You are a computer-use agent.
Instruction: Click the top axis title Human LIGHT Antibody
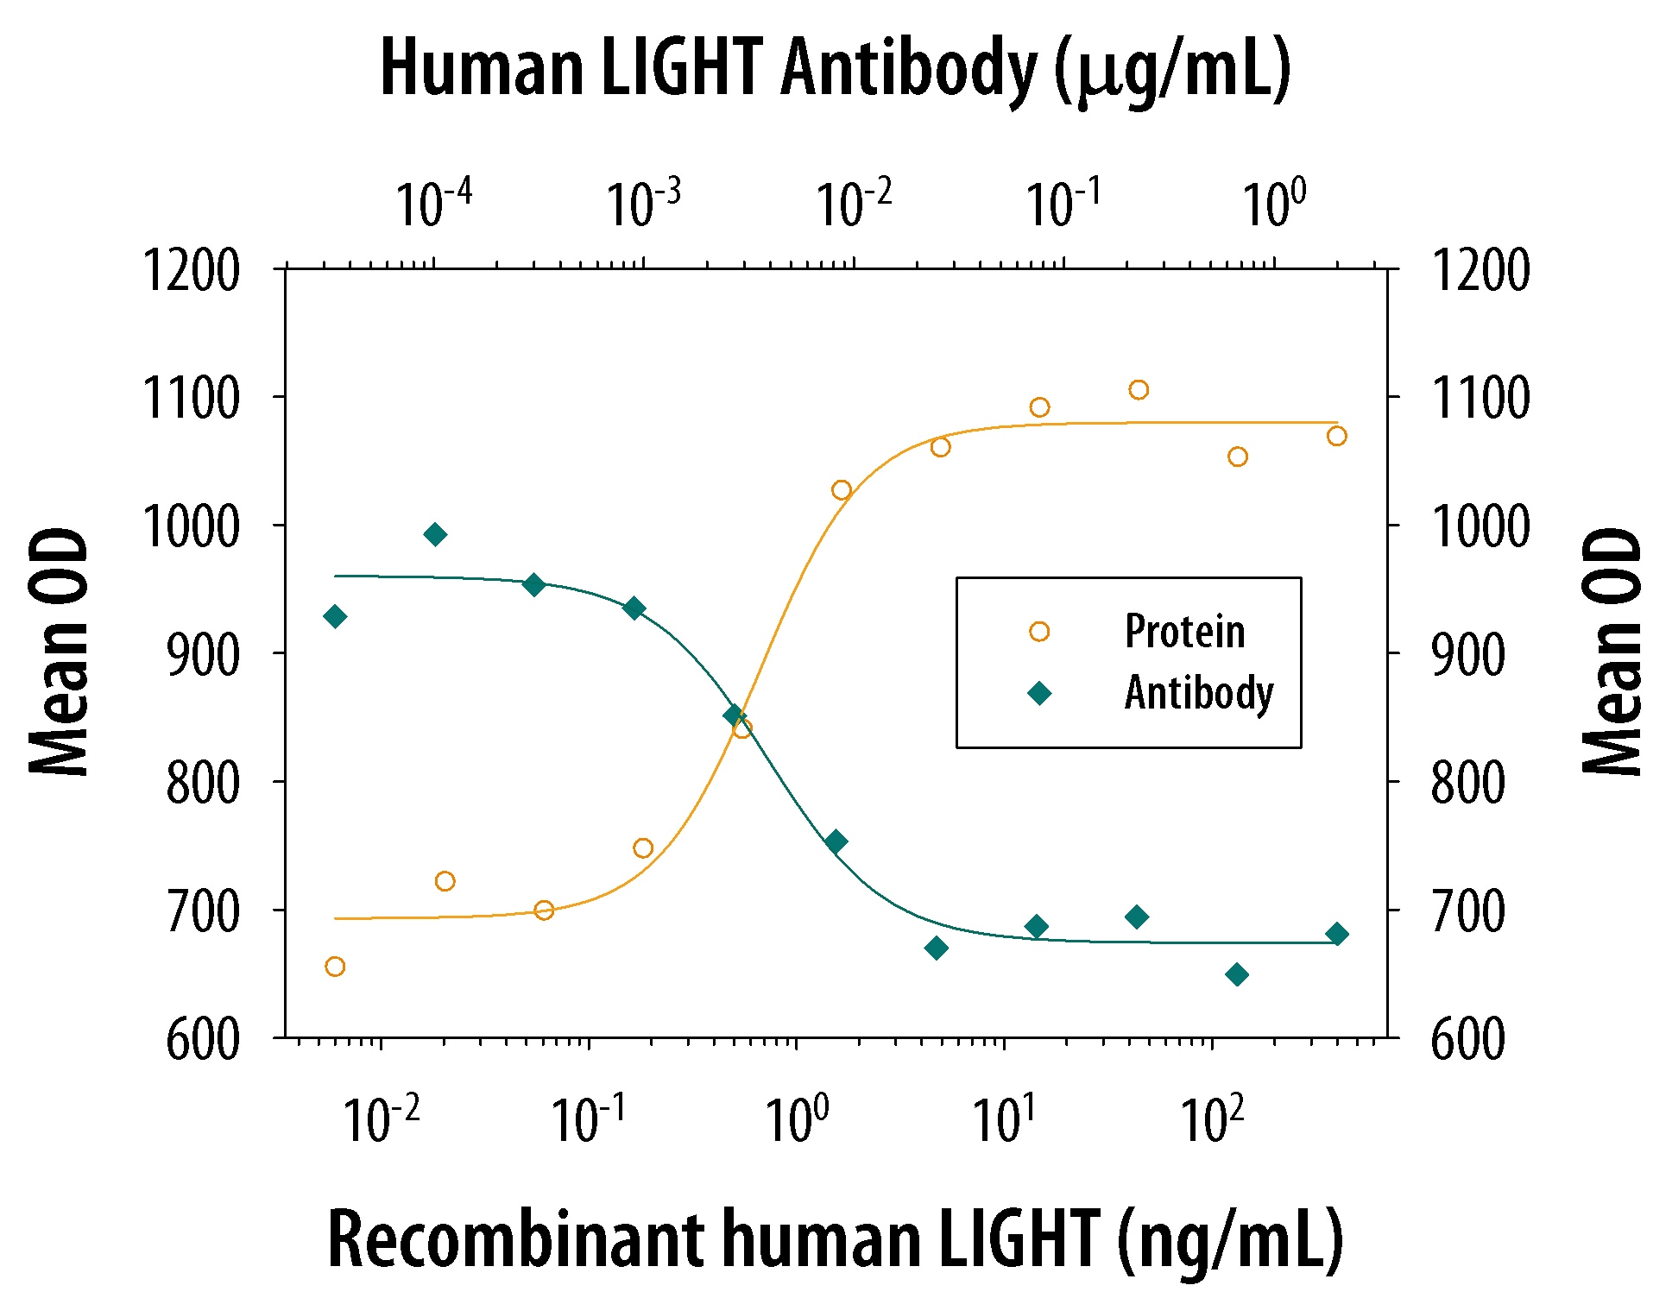point(835,69)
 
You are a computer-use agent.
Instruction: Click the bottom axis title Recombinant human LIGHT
point(835,1240)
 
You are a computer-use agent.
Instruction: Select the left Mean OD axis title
point(59,652)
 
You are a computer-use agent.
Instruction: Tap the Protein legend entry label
point(1184,631)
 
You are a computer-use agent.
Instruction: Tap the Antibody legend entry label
point(1198,693)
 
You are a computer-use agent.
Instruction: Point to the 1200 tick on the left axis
point(191,270)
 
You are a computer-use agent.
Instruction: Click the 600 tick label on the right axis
point(1467,1038)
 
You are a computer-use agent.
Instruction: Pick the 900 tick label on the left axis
point(202,654)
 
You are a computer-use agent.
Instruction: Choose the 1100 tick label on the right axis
point(1480,398)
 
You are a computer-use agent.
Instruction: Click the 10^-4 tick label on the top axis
point(433,204)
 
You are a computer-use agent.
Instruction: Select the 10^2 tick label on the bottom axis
point(1212,1119)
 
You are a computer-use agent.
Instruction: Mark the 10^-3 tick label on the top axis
point(643,204)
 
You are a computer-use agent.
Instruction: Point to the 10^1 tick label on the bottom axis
point(1004,1119)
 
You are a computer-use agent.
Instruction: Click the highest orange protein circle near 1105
point(1139,390)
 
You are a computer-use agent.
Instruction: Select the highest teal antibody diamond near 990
point(435,535)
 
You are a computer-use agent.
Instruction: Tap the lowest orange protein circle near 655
point(335,967)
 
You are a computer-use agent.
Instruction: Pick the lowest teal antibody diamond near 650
point(1237,975)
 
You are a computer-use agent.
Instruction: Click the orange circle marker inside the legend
point(1039,632)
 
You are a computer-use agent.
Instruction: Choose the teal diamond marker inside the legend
point(1039,694)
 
